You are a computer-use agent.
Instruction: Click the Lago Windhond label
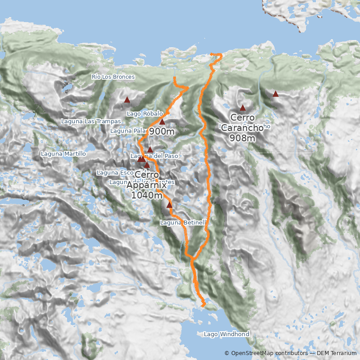(x=226, y=334)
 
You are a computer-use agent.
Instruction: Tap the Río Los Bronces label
(x=113, y=77)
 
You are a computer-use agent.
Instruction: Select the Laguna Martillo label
(x=63, y=154)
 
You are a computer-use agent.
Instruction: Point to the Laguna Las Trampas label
(x=91, y=121)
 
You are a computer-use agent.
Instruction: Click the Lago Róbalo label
(x=144, y=114)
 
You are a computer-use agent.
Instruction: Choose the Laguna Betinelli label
(x=184, y=222)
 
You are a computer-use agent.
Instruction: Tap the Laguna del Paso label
(x=154, y=156)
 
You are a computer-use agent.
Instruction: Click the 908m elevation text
(x=242, y=138)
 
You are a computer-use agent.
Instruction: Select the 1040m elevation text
(x=147, y=195)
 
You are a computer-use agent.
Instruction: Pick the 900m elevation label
(x=162, y=131)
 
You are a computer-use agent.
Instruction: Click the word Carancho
(x=242, y=128)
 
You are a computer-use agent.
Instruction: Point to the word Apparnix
(x=147, y=185)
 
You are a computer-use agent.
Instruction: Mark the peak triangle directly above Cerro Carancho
(x=243, y=108)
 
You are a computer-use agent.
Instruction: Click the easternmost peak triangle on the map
(x=275, y=94)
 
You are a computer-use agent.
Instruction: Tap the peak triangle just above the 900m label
(x=162, y=122)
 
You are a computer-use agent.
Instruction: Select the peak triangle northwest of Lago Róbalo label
(x=127, y=100)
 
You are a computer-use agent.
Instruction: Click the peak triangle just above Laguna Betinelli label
(x=169, y=205)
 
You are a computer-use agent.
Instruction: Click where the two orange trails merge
(x=191, y=258)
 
